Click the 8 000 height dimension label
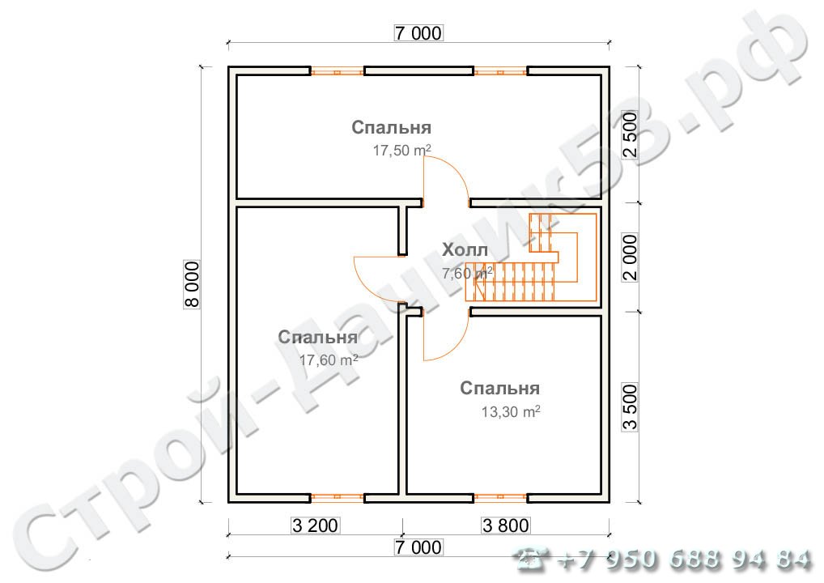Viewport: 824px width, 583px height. coord(192,284)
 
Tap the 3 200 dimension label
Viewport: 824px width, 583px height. coord(316,526)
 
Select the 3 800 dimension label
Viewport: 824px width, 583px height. coord(506,526)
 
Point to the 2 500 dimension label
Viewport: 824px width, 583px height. coord(630,135)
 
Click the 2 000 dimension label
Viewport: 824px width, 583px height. coord(630,257)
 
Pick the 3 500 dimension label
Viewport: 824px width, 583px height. coord(630,407)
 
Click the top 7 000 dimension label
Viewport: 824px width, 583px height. coord(418,33)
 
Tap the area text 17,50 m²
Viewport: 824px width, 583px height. coord(402,151)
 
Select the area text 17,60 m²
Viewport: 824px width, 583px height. coord(329,360)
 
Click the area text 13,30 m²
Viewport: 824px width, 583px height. coord(511,411)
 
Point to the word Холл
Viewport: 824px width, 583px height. coord(465,249)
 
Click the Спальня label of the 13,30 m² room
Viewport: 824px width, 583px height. coord(499,388)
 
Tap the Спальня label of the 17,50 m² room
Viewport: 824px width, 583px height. coord(392,127)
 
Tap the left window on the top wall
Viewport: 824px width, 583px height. coord(337,71)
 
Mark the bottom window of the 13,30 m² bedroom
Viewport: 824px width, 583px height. coord(501,498)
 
